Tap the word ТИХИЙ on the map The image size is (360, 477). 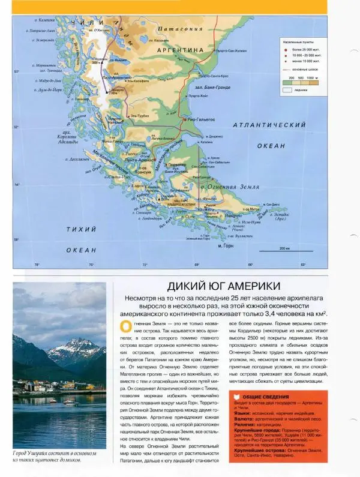(80, 230)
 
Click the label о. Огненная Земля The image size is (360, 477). (216, 188)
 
